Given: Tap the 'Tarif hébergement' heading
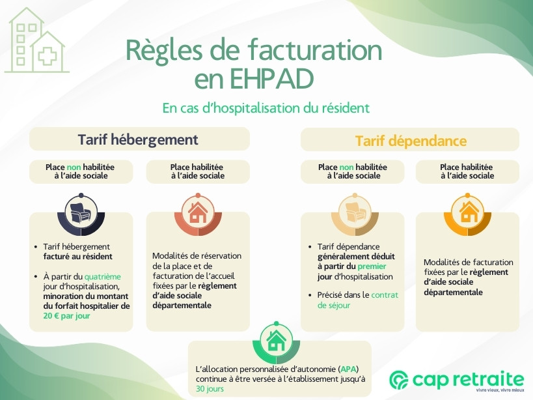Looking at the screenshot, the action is click(x=138, y=139).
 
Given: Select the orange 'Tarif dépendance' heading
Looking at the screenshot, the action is click(x=411, y=141).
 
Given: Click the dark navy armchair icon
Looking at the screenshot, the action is click(x=81, y=213).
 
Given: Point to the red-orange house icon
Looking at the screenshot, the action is click(x=198, y=212).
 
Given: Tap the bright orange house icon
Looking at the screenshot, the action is click(x=468, y=212).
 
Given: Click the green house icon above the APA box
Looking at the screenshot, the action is click(x=276, y=341).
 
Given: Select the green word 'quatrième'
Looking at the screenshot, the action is click(x=102, y=276).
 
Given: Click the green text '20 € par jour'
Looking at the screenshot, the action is click(x=66, y=316).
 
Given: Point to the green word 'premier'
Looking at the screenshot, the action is click(x=372, y=266).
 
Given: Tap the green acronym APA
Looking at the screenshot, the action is click(x=348, y=369).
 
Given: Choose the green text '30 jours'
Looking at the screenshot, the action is click(x=210, y=389).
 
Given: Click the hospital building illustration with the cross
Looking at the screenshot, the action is click(x=36, y=40).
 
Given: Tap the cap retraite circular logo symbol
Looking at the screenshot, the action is click(x=399, y=380).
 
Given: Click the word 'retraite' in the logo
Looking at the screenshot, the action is click(x=489, y=379).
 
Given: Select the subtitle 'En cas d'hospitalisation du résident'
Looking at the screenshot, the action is click(x=266, y=108).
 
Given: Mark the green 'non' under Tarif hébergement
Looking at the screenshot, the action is click(x=74, y=167).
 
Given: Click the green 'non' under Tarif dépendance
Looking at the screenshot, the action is click(x=346, y=167).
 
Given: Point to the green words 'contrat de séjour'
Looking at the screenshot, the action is click(x=357, y=300).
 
